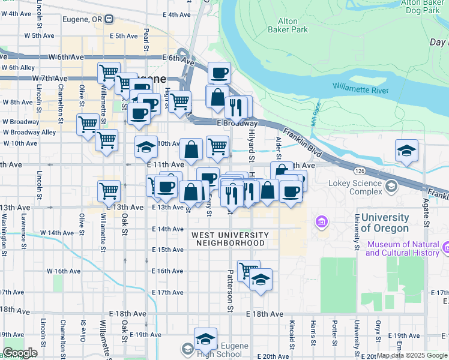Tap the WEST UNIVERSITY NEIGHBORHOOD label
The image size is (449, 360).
pos(231,239)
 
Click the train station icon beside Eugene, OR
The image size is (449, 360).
pos(109,19)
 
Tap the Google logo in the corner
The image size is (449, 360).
pos(20,352)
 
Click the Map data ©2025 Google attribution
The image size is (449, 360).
pos(412,355)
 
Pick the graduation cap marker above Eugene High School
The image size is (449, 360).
pos(205,338)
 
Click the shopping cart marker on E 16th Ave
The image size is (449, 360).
pos(248,269)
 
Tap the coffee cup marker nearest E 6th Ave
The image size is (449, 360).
pos(219,72)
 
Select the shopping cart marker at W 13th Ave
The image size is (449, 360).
pos(109,190)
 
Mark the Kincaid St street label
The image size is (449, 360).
pos(291,338)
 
